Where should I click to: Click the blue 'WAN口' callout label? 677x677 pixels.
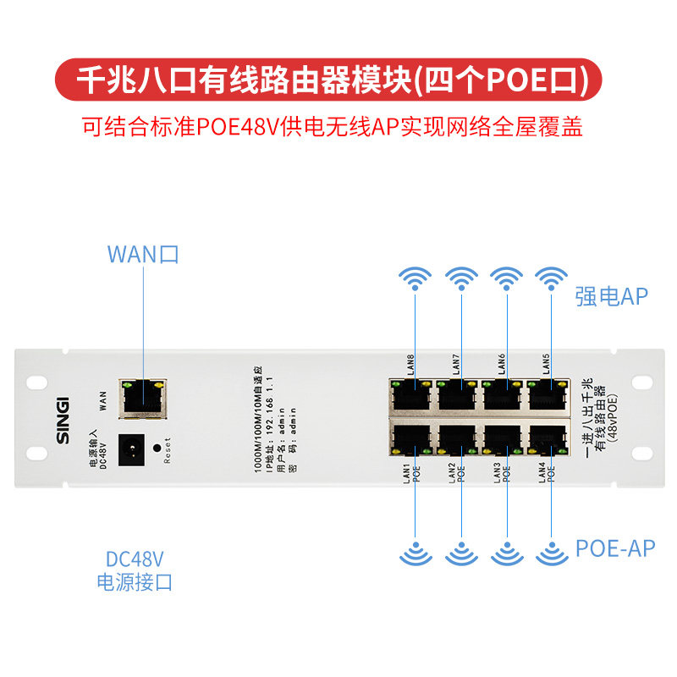pos(143,254)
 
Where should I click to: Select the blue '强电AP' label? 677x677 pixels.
pos(611,296)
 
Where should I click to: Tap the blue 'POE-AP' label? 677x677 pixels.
pos(615,548)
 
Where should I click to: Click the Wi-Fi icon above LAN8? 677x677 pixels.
pos(416,278)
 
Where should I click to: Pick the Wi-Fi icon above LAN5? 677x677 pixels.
pos(552,278)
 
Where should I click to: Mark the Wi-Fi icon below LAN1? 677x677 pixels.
pos(416,553)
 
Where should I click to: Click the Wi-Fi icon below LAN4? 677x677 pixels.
pos(552,553)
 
